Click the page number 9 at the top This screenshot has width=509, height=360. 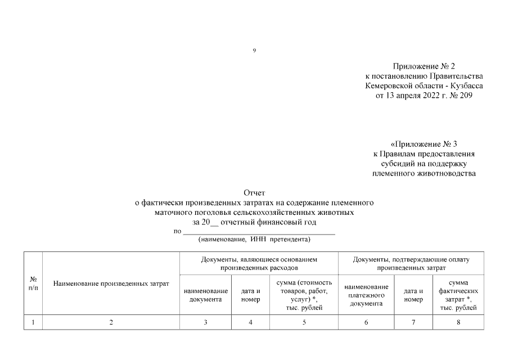pos(254,51)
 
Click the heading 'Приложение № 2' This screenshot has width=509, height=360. pos(424,66)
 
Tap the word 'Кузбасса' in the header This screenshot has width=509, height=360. pos(467,86)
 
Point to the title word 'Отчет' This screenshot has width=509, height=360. pos(254,193)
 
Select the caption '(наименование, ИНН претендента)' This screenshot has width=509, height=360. pos(254,240)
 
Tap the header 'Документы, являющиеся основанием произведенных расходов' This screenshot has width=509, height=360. pos(259,264)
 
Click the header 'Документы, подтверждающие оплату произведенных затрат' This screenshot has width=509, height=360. pos(411,264)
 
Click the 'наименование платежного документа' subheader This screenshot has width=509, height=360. pos(366,295)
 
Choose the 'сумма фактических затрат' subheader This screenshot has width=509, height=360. pos(458,295)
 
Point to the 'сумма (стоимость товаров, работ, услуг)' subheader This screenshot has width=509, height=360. pos(304,295)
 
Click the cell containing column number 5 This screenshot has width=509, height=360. pos(304,322)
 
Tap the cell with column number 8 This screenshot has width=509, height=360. pos(458,322)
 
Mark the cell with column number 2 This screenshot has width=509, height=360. pos(111,322)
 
